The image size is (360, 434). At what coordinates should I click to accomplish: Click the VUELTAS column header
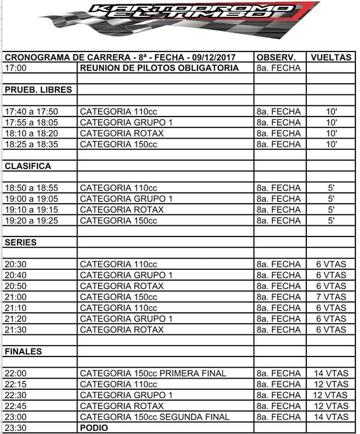(x=331, y=57)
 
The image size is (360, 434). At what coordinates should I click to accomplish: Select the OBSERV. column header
(x=277, y=57)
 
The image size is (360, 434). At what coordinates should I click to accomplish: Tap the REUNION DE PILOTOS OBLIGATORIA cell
(x=159, y=68)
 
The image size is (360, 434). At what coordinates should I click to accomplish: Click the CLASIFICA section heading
(x=28, y=166)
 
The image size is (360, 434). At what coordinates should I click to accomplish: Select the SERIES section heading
(x=20, y=242)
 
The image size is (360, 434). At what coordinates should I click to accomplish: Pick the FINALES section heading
(x=23, y=351)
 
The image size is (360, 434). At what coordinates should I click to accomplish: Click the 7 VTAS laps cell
(x=331, y=297)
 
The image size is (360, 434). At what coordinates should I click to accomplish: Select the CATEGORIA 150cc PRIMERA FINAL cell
(x=153, y=373)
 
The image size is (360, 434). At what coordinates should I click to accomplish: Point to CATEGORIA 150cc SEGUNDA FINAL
(x=155, y=417)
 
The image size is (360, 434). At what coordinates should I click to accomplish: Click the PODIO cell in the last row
(x=93, y=428)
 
